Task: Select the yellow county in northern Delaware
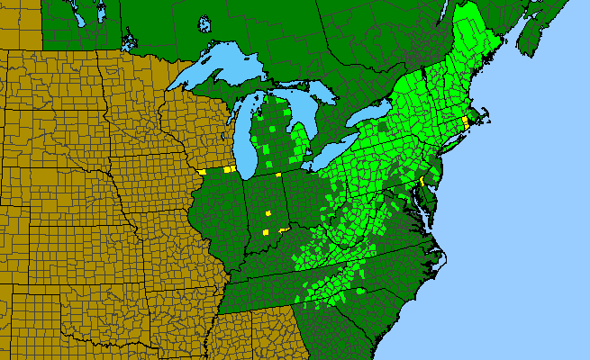(x=421, y=182)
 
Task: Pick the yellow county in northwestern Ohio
(x=280, y=172)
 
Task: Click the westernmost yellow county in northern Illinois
(x=203, y=171)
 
